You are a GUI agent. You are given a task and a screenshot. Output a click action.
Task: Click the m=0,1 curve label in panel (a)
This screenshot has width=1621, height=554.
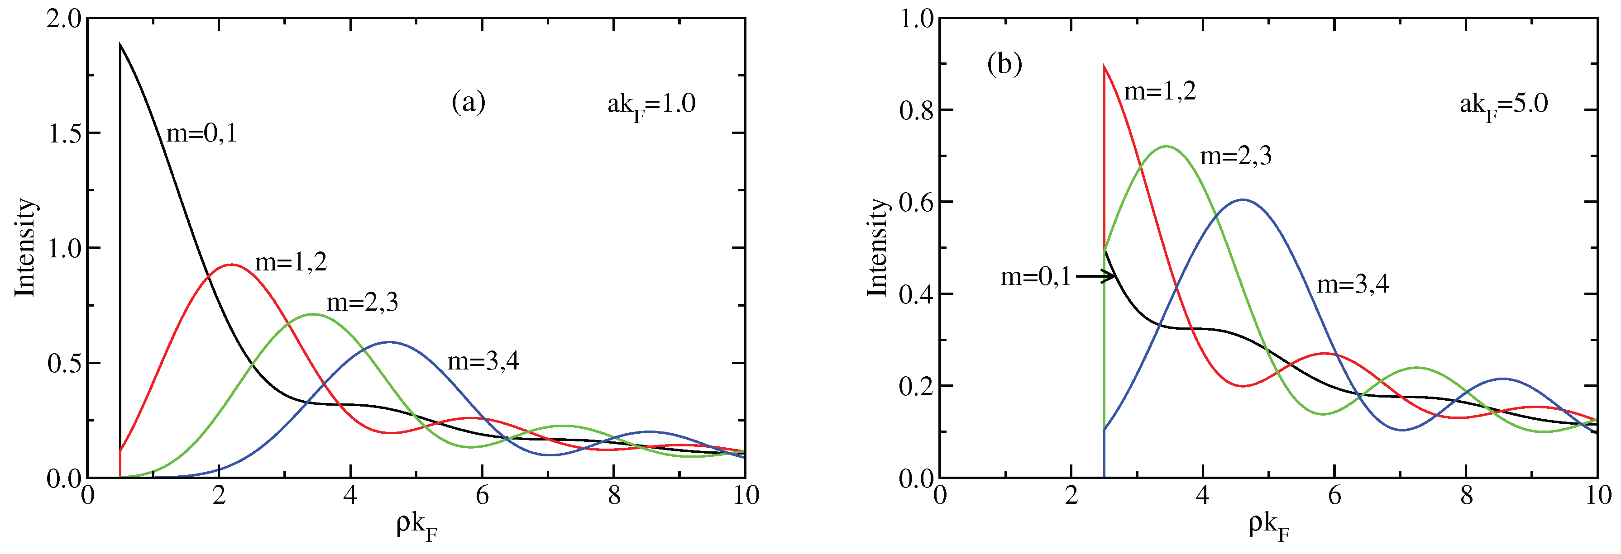click(x=201, y=134)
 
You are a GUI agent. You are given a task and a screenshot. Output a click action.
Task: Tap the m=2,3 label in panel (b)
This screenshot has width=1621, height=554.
click(x=1236, y=155)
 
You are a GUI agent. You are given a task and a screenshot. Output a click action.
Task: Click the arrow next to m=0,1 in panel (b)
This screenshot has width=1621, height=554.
click(x=1095, y=276)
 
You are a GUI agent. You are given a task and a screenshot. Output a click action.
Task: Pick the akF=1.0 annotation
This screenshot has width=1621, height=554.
click(x=651, y=105)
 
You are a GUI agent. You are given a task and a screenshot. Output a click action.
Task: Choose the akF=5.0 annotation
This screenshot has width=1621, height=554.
click(x=1503, y=105)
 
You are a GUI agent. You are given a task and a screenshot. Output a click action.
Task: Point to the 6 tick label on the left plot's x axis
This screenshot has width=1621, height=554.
click(x=482, y=497)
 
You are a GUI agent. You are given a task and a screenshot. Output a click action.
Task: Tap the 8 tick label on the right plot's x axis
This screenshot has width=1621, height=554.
click(x=1466, y=497)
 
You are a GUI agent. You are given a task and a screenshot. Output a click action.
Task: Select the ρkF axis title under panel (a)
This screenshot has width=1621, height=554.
click(x=416, y=527)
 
